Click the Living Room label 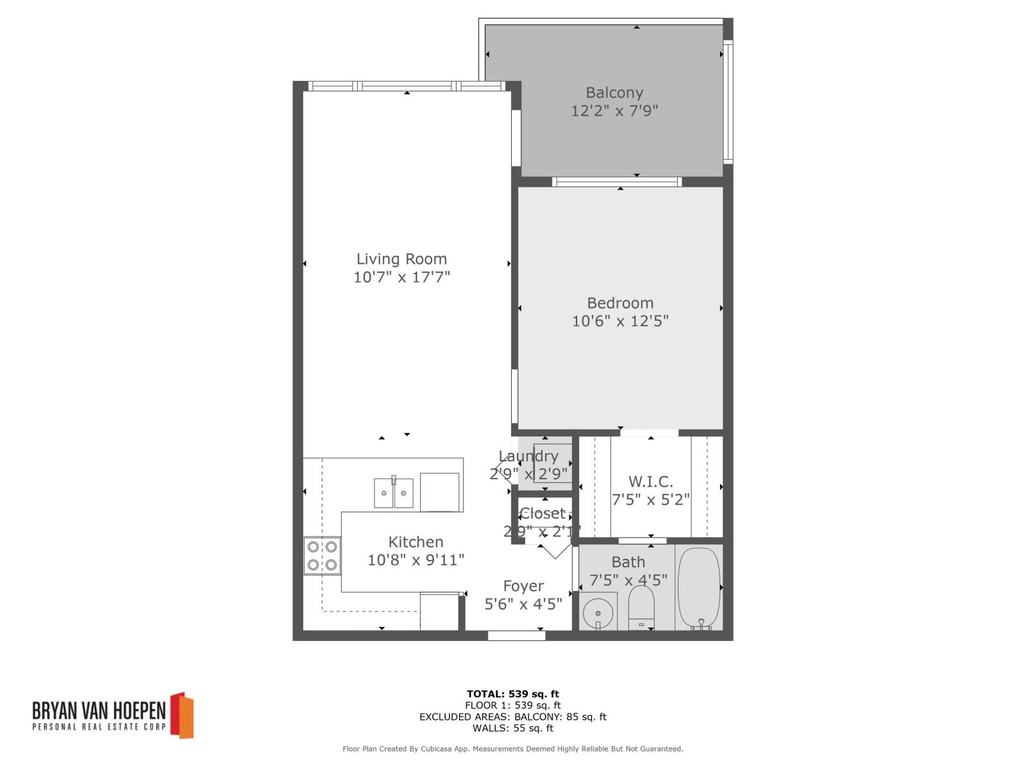coord(401,259)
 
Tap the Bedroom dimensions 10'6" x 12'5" coord(620,320)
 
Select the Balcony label coord(614,93)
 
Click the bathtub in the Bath coord(699,588)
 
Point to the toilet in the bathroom coord(641,607)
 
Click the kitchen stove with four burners coord(322,556)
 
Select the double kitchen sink coord(394,493)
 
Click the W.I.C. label coord(650,481)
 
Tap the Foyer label coord(523,586)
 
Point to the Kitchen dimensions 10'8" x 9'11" coord(416,560)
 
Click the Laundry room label coord(528,456)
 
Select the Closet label coord(542,513)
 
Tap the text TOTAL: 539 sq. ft coord(512,694)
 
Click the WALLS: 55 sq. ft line coord(512,728)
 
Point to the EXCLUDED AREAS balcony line coord(512,717)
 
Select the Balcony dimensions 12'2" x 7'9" coord(614,111)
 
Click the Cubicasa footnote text coord(512,749)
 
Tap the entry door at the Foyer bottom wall coord(516,635)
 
